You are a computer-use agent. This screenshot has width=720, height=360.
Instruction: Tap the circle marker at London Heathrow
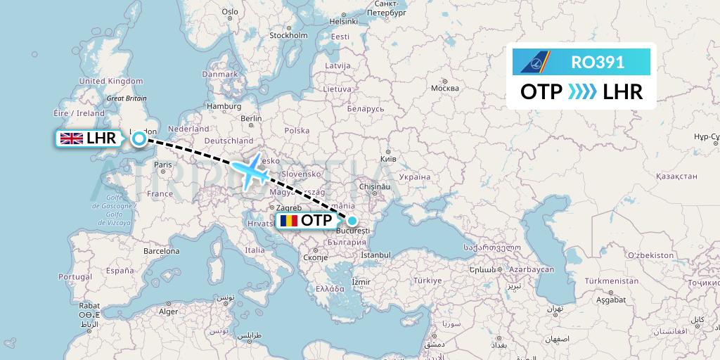139,139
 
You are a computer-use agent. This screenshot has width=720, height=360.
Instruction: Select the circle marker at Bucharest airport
352,220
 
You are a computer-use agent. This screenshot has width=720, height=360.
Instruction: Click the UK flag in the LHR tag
72,139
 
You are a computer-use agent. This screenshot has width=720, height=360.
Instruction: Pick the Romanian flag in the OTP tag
288,221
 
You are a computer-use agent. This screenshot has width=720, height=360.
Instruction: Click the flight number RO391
598,63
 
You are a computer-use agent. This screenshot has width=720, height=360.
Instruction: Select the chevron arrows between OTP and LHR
581,91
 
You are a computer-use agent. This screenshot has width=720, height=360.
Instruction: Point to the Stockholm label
288,35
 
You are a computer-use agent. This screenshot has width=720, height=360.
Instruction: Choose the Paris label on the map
163,165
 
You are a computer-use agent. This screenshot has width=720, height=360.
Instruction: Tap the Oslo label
230,11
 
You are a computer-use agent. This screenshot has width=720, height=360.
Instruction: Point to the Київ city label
388,159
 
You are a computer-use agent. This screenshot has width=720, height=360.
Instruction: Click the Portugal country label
75,276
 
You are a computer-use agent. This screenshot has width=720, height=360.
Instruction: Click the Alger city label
168,311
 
